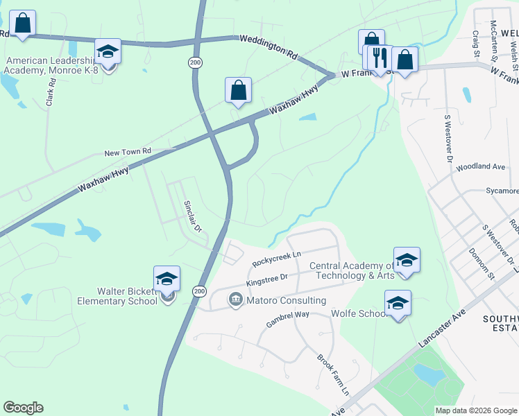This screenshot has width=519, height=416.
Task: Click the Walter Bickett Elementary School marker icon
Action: click(x=167, y=279)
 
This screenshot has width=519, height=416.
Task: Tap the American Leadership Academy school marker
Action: click(x=108, y=52)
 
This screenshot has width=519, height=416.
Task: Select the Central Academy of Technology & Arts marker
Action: click(x=407, y=260)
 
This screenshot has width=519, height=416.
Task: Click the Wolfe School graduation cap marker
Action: click(x=398, y=303)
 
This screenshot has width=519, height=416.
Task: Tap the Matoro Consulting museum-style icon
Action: click(x=235, y=300)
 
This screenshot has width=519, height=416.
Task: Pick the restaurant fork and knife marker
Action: click(x=380, y=58)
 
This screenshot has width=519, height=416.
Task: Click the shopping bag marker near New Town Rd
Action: click(x=238, y=90)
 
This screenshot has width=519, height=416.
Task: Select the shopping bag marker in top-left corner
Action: click(x=23, y=23)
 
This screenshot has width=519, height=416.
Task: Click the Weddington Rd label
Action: click(x=269, y=48)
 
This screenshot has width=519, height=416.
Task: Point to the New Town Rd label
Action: click(x=127, y=152)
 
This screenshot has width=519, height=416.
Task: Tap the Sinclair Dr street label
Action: click(x=192, y=216)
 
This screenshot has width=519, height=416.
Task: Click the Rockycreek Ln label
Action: click(x=276, y=259)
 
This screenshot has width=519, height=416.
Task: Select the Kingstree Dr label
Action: click(x=268, y=279)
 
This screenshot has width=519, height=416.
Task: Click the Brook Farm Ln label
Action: click(x=333, y=375)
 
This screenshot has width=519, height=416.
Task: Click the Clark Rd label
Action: click(x=50, y=91)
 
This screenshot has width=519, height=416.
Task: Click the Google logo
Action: click(x=23, y=408)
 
